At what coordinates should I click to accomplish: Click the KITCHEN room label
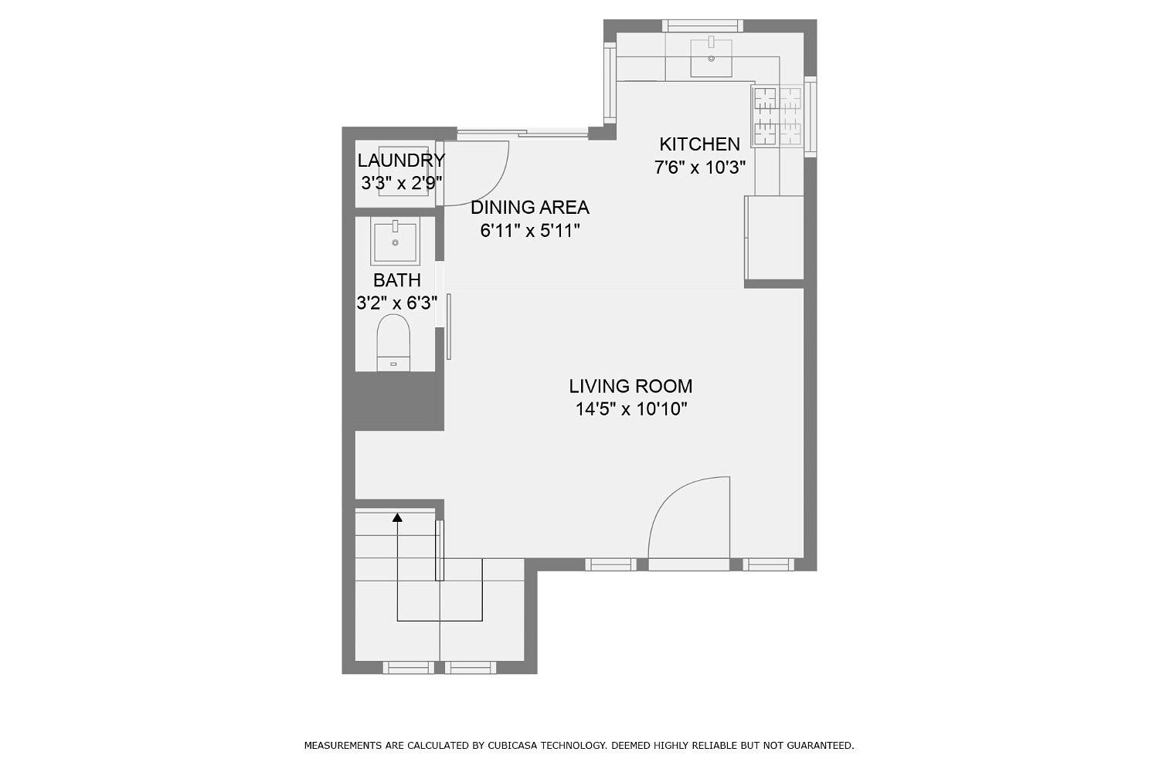point(698,144)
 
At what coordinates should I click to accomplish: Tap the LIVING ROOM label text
point(630,386)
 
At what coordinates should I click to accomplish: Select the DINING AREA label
point(529,207)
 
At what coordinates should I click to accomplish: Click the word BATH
point(396,280)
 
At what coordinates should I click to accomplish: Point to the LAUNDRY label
point(400,161)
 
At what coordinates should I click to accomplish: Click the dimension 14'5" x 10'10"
point(630,409)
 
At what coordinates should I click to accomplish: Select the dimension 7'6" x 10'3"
point(699,168)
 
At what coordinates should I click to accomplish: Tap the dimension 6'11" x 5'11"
point(529,231)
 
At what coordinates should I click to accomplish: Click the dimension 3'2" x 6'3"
point(396,303)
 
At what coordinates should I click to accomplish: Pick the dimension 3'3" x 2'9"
point(400,184)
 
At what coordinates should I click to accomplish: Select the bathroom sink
point(395,241)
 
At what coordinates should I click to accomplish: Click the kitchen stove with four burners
point(778,116)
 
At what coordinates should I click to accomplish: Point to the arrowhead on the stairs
point(398,518)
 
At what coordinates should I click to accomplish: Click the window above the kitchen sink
point(702,25)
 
